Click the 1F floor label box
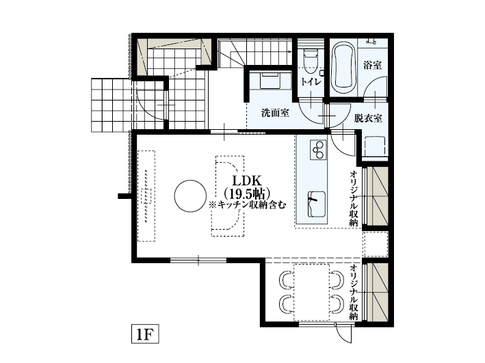[x=145, y=334]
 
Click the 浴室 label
[x=372, y=66]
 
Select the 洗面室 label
[x=274, y=113]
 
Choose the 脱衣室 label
[x=368, y=118]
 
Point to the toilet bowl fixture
[x=310, y=59]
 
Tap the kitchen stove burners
[x=318, y=148]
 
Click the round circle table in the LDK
[x=189, y=196]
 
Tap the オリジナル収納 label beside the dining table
[x=354, y=292]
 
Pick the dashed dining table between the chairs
[x=311, y=291]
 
